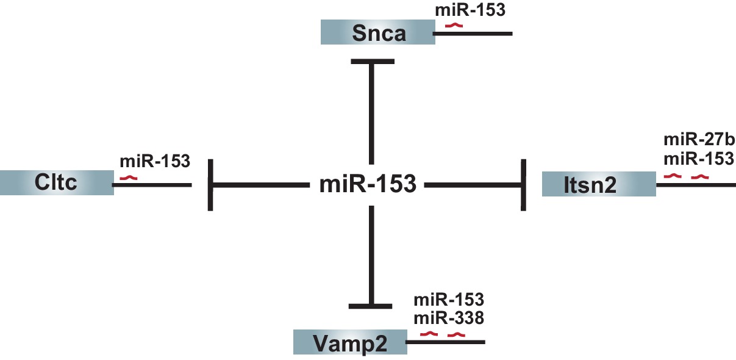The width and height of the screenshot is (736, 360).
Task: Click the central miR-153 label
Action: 368,183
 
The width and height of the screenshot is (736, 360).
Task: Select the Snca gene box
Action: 378,32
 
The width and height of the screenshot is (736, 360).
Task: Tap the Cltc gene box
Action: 57,182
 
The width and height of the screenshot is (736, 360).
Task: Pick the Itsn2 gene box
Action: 599,184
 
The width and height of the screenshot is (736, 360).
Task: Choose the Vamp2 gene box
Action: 349,342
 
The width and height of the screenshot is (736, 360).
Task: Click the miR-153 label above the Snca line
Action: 470,10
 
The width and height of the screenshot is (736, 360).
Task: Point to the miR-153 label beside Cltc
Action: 155,162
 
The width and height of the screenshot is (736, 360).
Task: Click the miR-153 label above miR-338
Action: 449,300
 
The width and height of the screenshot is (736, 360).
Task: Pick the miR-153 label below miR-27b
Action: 698,158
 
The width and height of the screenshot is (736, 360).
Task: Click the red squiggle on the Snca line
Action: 454,26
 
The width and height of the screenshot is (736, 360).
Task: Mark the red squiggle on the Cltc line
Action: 128,178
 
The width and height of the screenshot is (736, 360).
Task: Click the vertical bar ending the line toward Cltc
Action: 210,184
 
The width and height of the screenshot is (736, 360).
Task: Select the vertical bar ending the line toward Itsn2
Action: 523,184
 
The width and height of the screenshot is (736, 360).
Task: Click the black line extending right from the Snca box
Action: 482,32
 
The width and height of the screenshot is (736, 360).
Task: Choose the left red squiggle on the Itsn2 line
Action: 672,176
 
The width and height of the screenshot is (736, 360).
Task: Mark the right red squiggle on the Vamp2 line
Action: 456,334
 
